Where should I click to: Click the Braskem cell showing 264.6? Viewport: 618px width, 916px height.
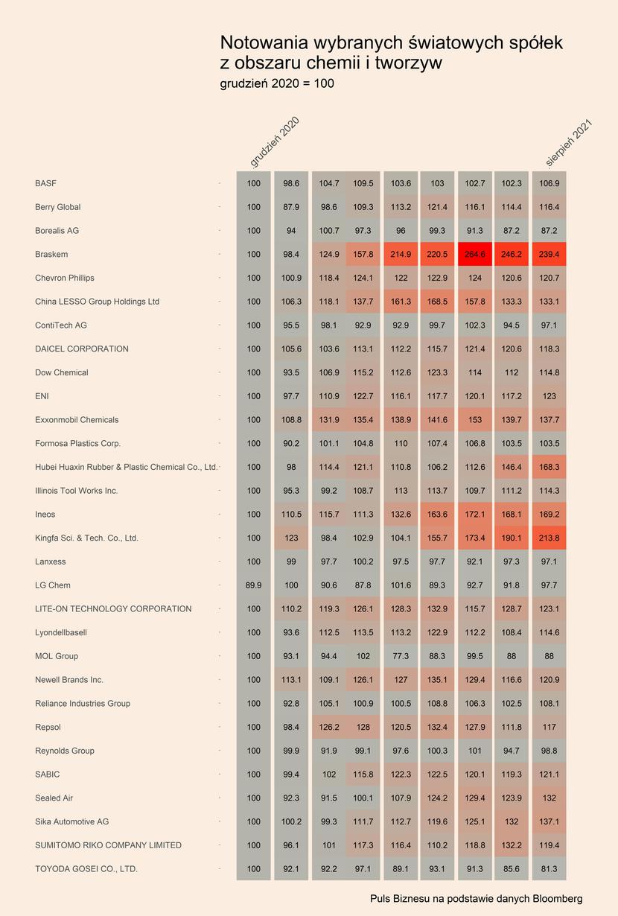tap(474, 254)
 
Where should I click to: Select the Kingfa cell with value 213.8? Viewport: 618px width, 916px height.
tap(549, 538)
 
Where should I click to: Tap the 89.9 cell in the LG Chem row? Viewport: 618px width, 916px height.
tap(253, 585)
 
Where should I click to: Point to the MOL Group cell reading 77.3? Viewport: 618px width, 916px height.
tap(401, 656)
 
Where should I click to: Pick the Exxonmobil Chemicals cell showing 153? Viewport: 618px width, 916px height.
tap(474, 419)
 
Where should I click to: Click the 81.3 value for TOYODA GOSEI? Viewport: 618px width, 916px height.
tap(549, 868)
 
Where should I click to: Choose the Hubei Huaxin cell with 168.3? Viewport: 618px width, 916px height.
tap(549, 467)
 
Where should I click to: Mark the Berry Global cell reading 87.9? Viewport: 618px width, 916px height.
tap(291, 207)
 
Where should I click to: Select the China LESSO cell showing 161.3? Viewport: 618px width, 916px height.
tap(401, 302)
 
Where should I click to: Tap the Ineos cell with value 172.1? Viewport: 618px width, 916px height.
tap(474, 514)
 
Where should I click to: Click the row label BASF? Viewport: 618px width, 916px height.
tap(45, 183)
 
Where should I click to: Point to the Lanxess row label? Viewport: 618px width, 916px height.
tap(51, 562)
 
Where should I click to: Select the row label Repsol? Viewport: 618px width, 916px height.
tap(48, 727)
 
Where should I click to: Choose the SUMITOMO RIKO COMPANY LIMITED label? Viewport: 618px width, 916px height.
tap(108, 845)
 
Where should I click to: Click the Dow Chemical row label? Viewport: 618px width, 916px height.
tap(62, 372)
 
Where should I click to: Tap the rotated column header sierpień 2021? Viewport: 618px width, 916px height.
tap(569, 143)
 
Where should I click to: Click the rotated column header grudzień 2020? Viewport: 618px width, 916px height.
tap(275, 142)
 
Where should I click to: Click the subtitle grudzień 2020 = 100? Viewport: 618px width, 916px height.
tap(277, 84)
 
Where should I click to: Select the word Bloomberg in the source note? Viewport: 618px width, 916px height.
tap(558, 898)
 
